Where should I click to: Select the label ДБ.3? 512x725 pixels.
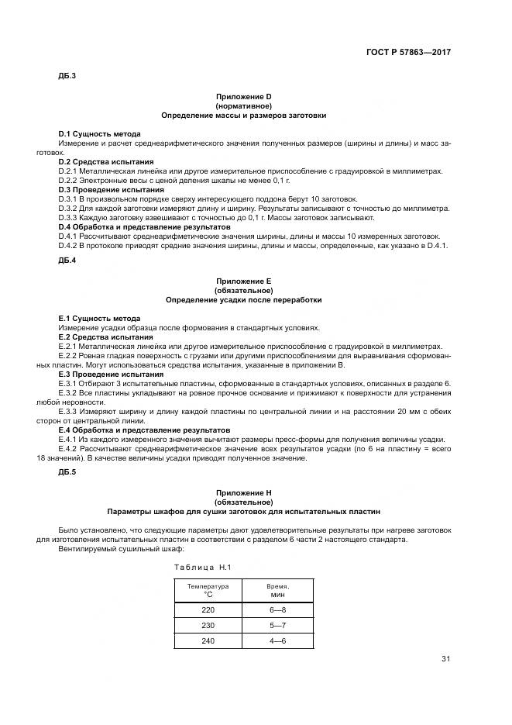tap(67, 76)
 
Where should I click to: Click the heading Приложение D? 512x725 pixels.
tap(243, 96)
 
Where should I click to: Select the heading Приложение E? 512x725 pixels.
tap(243, 280)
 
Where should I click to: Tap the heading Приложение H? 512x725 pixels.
tap(243, 492)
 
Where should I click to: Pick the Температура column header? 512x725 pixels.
tap(208, 590)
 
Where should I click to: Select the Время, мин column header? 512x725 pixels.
tap(277, 590)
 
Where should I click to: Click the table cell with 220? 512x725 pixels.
tap(208, 610)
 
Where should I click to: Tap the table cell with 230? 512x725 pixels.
tap(208, 625)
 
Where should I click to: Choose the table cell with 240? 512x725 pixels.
tap(208, 640)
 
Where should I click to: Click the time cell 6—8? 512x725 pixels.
tap(277, 610)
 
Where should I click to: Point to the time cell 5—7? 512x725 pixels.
tap(277, 625)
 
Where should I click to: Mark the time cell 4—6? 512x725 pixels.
tap(277, 640)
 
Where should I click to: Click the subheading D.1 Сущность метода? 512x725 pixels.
tap(99, 134)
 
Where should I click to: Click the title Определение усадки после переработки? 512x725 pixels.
tap(243, 299)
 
